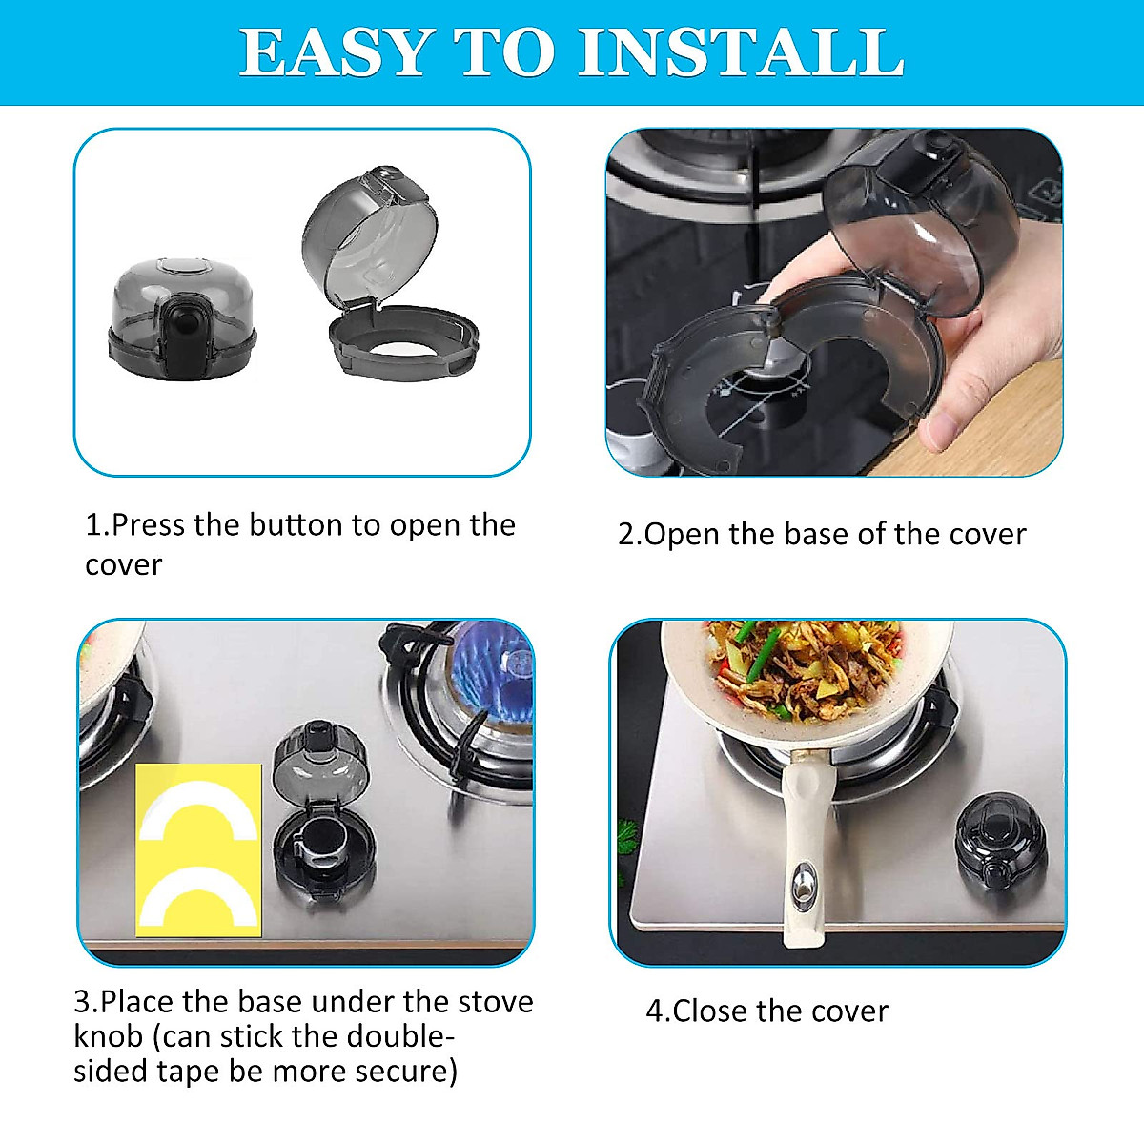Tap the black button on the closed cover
point(177,338)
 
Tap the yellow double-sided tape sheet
point(198,849)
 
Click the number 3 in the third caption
point(82,1002)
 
